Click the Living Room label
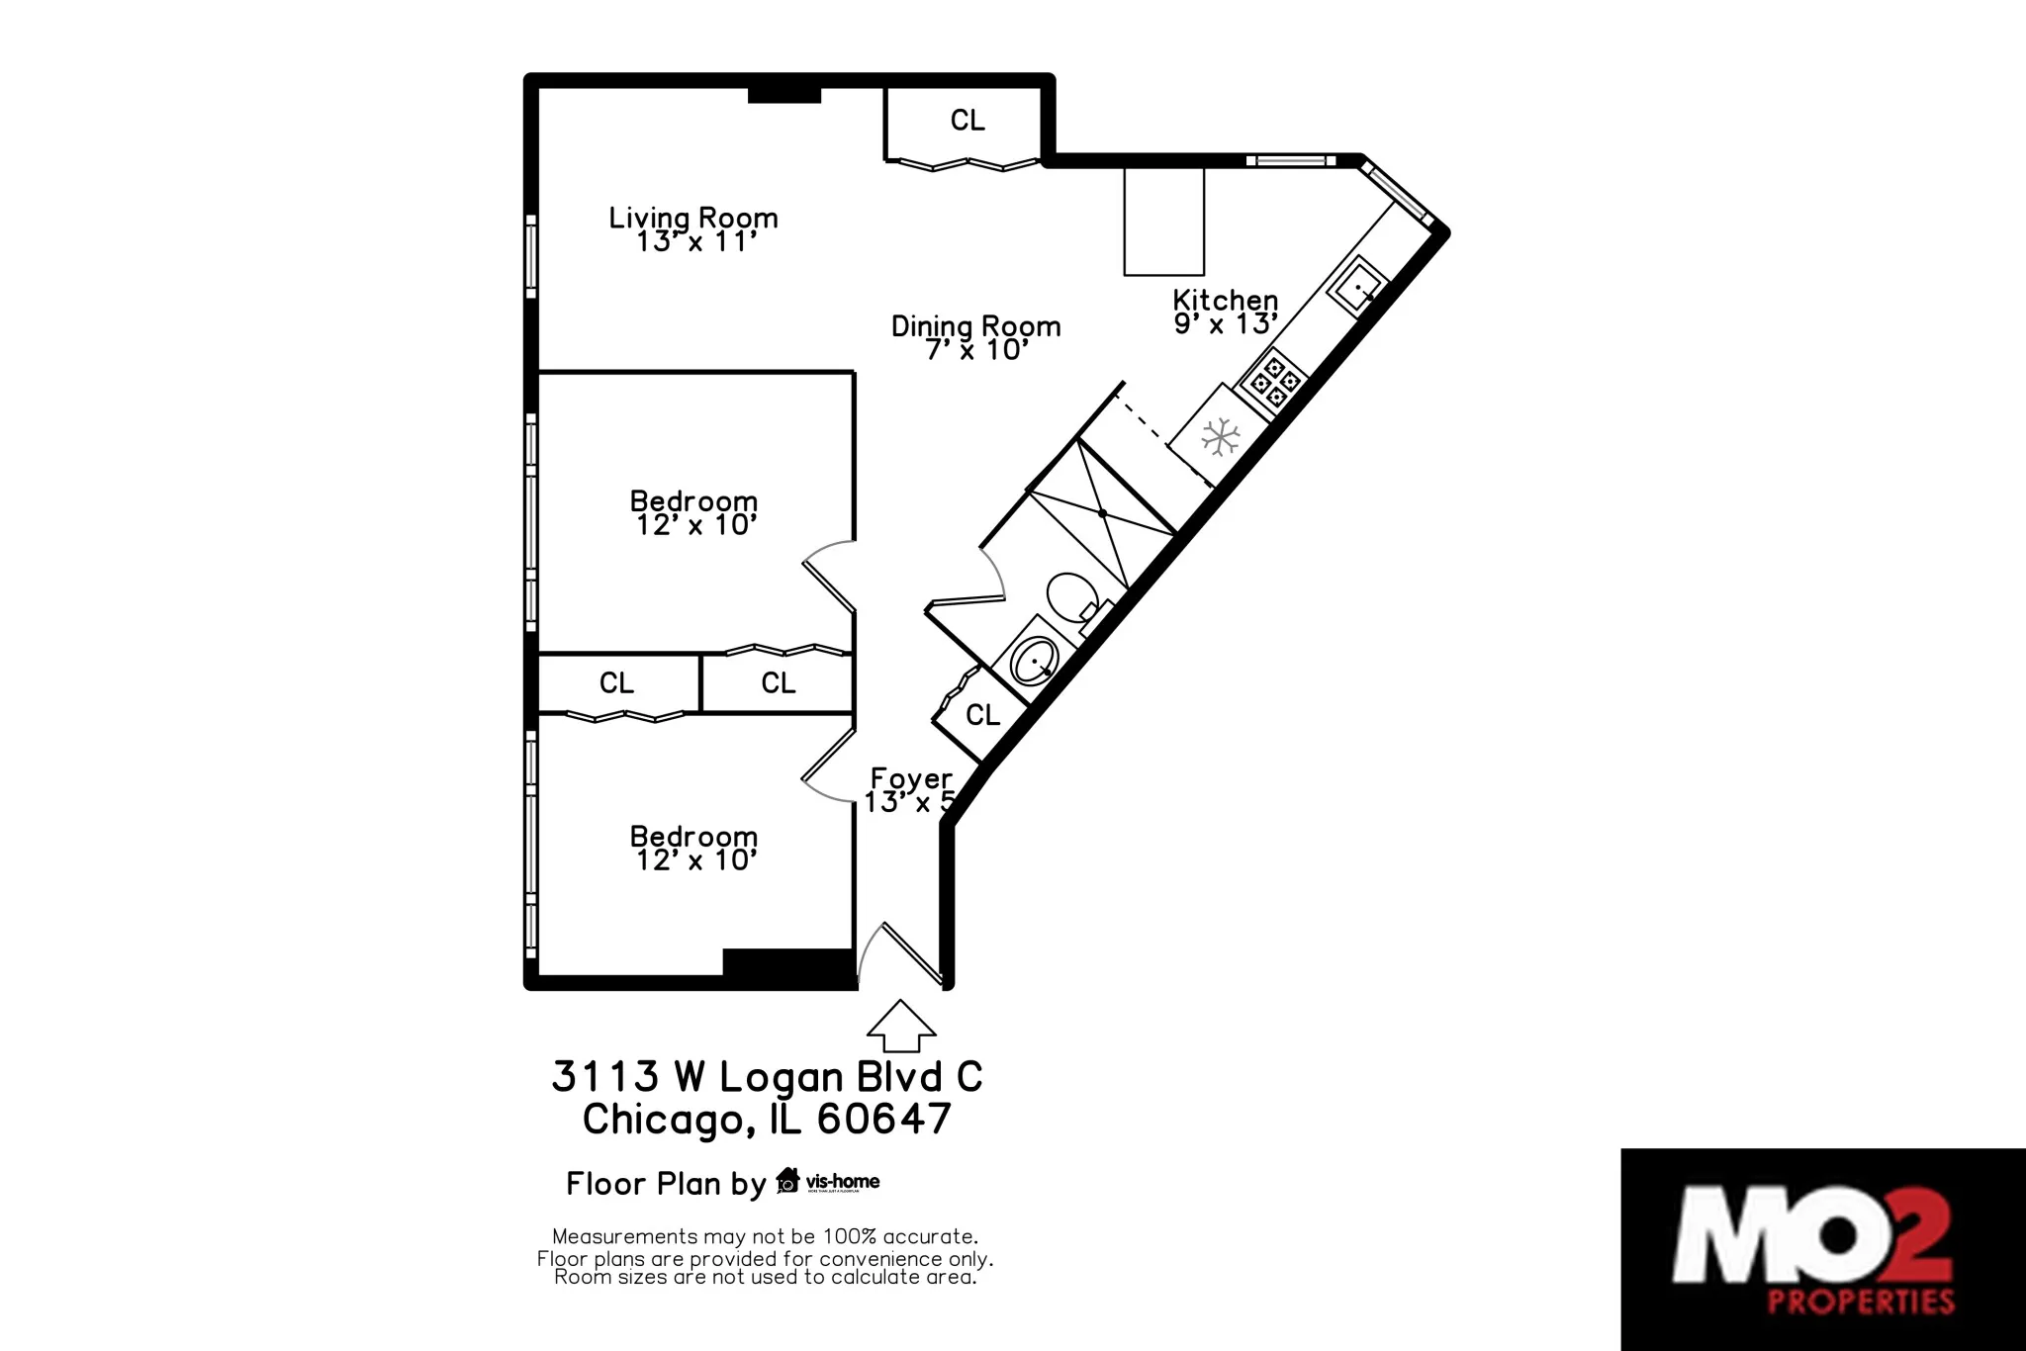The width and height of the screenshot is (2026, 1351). click(x=692, y=218)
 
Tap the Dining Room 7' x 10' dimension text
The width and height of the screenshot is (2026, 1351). click(x=976, y=350)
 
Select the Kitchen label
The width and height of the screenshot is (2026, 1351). click(x=1225, y=300)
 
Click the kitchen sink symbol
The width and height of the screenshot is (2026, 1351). click(x=1356, y=285)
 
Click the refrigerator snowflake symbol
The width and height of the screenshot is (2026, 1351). click(x=1220, y=436)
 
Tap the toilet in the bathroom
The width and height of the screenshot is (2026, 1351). click(x=1069, y=596)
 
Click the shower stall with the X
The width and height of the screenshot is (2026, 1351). click(x=1102, y=513)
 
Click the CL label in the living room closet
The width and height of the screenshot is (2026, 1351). click(x=967, y=121)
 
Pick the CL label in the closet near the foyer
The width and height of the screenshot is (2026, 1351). click(x=982, y=715)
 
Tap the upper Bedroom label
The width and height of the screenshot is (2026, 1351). click(x=693, y=500)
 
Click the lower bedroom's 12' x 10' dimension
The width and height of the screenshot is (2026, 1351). click(x=695, y=860)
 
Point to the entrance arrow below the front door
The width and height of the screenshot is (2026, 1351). click(x=900, y=1027)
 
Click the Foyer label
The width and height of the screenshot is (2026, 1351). click(x=911, y=778)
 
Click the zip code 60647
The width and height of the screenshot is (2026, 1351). click(x=884, y=1119)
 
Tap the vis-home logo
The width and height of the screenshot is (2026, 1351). click(x=829, y=1181)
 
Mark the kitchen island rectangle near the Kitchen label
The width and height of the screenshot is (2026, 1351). click(x=1163, y=222)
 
